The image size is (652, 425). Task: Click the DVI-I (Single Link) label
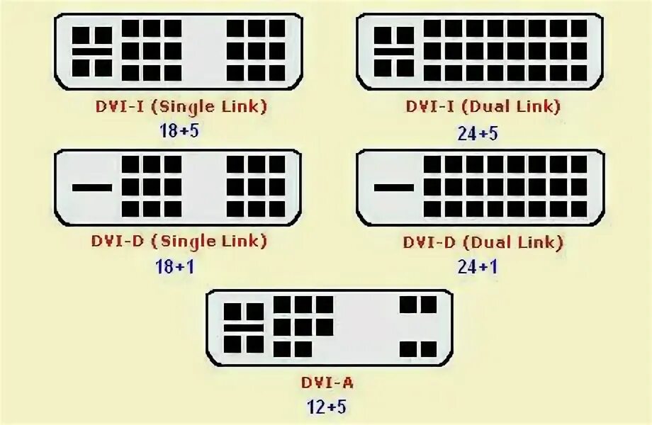[x=181, y=107]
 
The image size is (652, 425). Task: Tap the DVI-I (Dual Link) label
[x=483, y=107]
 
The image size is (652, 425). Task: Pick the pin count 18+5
[x=179, y=131]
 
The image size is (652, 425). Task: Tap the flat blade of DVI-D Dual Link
[x=394, y=188]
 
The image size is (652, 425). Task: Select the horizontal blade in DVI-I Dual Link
[x=394, y=51]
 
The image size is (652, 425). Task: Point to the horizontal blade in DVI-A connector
[x=244, y=328]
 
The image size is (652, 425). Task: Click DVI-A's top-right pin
[x=427, y=305]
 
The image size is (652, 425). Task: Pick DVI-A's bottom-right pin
[x=427, y=348]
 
